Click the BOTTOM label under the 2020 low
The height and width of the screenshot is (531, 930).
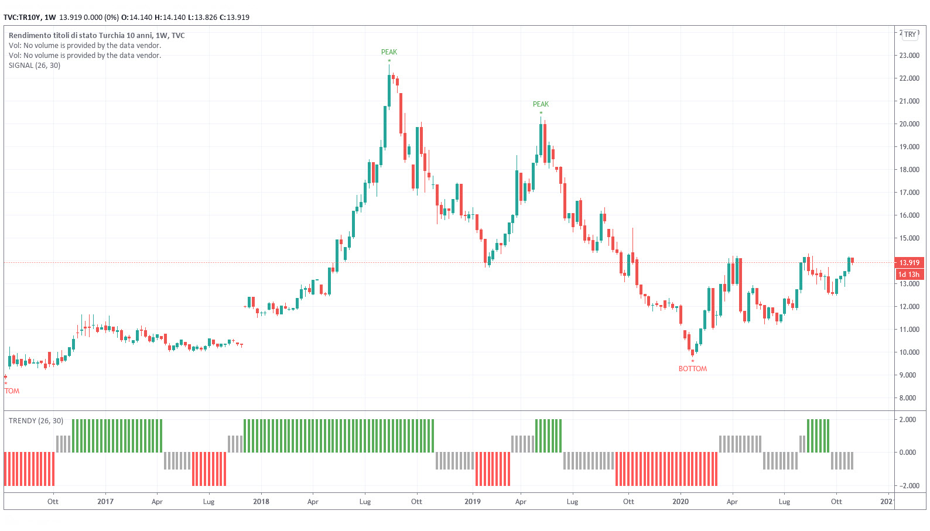tap(692, 369)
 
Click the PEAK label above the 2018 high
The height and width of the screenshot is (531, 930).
tap(389, 52)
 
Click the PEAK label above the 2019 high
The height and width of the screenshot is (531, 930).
tap(541, 104)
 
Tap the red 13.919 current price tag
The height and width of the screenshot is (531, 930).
tap(909, 263)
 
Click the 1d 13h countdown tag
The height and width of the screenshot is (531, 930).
tap(909, 275)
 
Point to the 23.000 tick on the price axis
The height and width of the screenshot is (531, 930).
tap(909, 56)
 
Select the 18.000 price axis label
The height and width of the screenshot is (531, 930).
tap(909, 170)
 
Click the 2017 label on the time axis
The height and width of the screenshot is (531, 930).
tap(105, 502)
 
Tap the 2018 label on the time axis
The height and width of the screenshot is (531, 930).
tap(261, 502)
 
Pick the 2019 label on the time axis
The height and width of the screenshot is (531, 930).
tap(472, 502)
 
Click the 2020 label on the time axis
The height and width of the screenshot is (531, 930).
tap(681, 502)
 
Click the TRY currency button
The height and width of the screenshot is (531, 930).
tap(910, 35)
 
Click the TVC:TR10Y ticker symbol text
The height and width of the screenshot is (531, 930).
tap(22, 18)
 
